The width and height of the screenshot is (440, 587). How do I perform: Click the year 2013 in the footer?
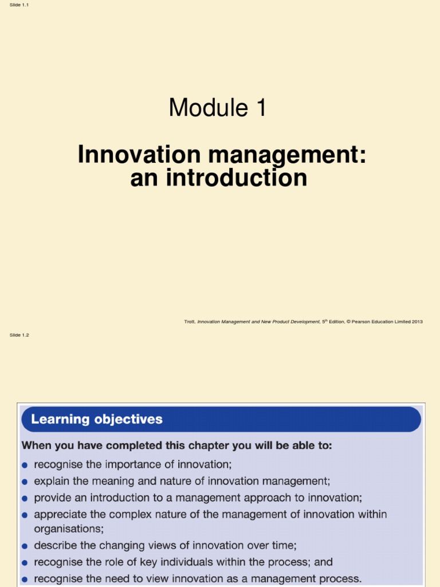(x=417, y=322)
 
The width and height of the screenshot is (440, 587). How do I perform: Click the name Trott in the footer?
(x=189, y=322)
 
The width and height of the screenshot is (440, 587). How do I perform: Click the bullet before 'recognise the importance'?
(x=25, y=465)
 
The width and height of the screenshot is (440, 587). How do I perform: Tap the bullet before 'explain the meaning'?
(x=25, y=482)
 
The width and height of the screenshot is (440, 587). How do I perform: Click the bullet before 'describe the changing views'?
(x=25, y=546)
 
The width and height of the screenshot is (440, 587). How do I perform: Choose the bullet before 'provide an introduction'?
(x=25, y=498)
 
